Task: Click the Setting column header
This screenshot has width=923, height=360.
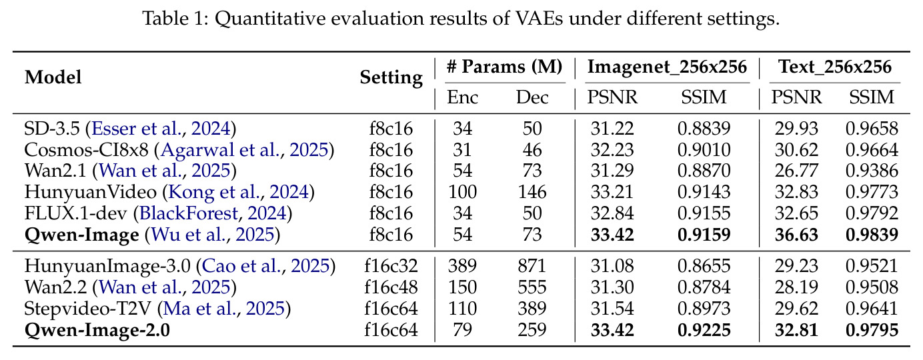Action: [x=391, y=77]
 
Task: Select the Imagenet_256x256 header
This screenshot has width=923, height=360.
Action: [x=667, y=67]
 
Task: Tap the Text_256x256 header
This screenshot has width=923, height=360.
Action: [x=835, y=67]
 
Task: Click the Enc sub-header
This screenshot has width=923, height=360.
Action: [x=462, y=97]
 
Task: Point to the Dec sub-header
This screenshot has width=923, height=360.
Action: [x=532, y=97]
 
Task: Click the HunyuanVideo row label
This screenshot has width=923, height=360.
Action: [x=90, y=192]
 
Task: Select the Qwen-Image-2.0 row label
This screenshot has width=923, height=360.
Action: [x=97, y=330]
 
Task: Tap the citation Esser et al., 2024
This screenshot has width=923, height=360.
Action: [x=161, y=129]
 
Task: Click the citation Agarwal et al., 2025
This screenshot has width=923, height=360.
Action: [x=245, y=150]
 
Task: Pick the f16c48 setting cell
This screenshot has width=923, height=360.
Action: [x=391, y=287]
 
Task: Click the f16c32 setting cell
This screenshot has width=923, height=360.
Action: [x=391, y=266]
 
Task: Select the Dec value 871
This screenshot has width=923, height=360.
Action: [x=532, y=266]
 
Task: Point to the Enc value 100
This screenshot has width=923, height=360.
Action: [x=462, y=192]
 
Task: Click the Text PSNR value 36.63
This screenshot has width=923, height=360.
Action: [x=796, y=235]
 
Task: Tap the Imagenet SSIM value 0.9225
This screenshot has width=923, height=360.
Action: [x=704, y=330]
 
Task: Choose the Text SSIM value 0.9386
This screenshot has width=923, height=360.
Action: [x=872, y=171]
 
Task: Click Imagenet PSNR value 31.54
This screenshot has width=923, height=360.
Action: [x=612, y=309]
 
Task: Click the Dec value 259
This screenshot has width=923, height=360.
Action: [x=532, y=330]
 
